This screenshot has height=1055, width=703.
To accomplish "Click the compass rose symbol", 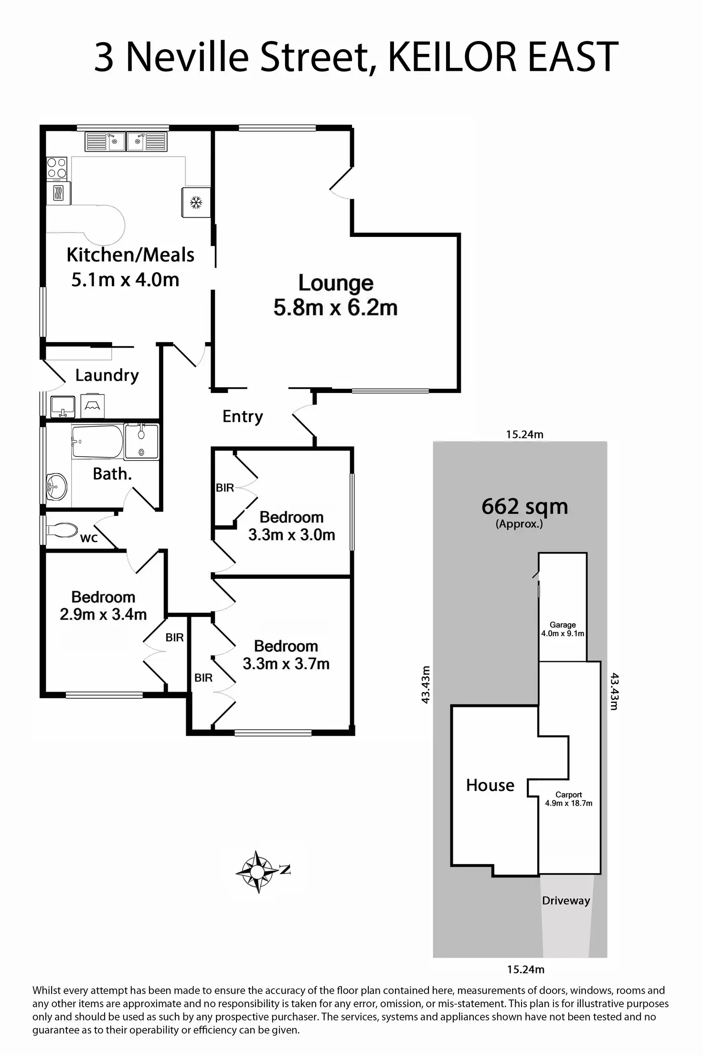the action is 257,872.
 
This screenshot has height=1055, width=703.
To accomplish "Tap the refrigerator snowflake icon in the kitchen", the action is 196,202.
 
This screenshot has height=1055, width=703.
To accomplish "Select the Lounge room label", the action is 336,283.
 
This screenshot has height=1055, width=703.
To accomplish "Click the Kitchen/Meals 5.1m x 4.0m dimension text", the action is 125,280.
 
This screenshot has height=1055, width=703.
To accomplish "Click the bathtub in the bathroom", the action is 97,441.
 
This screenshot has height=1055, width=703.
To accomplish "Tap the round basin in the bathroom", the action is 57,487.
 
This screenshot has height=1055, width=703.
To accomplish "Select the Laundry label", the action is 107,375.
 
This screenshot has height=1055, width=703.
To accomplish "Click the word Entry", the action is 243,416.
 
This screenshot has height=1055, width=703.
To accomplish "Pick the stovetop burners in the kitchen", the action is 57,168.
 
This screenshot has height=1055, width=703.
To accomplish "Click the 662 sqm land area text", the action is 524,506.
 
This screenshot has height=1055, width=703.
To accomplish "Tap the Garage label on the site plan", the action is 563,625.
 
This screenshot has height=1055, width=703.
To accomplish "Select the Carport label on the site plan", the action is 568,795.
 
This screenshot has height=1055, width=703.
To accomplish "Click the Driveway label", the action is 566,901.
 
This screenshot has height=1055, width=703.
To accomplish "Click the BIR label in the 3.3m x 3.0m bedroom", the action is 225,488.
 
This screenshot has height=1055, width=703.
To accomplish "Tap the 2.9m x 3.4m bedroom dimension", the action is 103,615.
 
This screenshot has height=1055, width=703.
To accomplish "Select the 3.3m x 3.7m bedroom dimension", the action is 286,664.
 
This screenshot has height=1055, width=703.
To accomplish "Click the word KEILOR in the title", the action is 452,57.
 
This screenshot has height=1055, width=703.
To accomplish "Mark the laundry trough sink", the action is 62,407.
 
